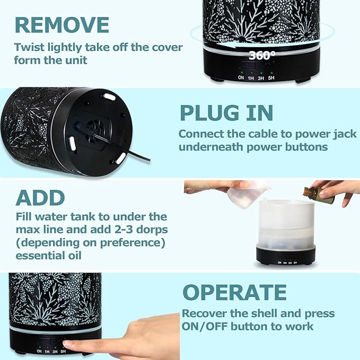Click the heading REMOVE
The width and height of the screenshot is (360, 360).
pyautogui.click(x=62, y=25)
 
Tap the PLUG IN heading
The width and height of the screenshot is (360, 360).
pyautogui.click(x=226, y=112)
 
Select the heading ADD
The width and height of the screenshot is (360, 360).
pyautogui.click(x=40, y=198)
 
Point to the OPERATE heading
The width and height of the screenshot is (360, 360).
pyautogui.click(x=234, y=292)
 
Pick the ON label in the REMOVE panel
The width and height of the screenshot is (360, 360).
pyautogui.click(x=241, y=78)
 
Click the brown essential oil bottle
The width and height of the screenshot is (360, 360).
pyautogui.click(x=319, y=195)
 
